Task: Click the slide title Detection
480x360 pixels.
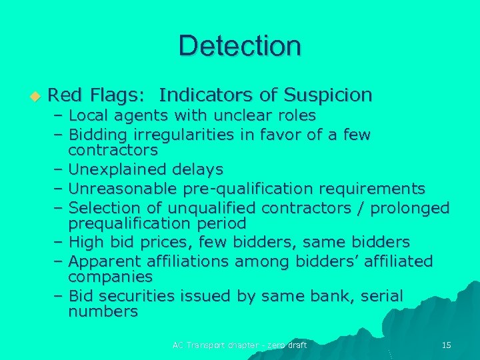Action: [x=239, y=46]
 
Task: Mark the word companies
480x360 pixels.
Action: [x=111, y=276]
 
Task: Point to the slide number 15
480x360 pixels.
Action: [x=447, y=345]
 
